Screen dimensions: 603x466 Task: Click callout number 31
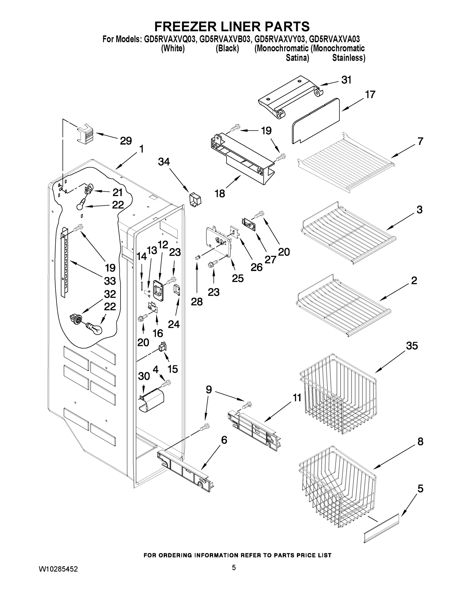click(346, 80)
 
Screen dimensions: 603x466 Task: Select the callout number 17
click(370, 95)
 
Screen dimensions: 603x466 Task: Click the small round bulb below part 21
click(80, 206)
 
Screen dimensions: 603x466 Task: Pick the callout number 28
click(197, 302)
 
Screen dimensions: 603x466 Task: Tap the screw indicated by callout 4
click(167, 383)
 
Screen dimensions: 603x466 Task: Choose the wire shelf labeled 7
click(346, 161)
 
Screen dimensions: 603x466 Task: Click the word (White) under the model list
click(173, 48)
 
